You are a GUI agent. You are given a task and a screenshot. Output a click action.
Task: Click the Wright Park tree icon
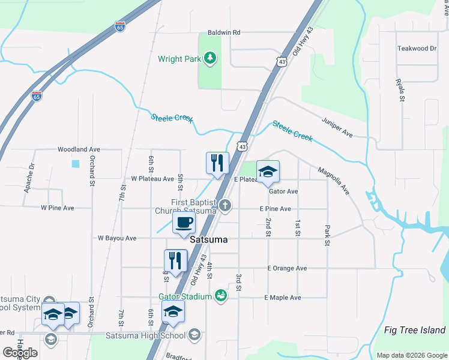click(209, 58)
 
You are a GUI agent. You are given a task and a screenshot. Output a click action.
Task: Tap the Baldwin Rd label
click(224, 32)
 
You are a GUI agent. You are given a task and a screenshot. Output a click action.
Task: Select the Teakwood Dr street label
click(417, 49)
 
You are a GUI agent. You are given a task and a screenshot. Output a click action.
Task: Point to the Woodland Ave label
click(79, 149)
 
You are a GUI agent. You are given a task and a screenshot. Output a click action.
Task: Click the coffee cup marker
click(184, 223)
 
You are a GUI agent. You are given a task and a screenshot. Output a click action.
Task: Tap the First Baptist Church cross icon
click(225, 206)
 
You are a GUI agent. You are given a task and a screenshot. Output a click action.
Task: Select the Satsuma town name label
click(208, 239)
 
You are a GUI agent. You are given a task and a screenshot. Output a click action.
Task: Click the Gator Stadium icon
click(221, 295)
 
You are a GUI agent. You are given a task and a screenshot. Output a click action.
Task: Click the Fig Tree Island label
click(415, 330)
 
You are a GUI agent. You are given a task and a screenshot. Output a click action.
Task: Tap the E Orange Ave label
click(286, 268)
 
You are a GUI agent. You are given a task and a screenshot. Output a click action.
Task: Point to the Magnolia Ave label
click(334, 180)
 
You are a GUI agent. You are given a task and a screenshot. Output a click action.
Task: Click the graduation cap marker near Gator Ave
click(268, 172)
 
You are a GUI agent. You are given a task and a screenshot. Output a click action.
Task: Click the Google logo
click(20, 353)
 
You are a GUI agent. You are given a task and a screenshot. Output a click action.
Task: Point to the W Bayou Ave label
click(117, 238)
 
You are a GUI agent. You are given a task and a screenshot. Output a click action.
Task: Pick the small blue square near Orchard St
click(75, 163)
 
